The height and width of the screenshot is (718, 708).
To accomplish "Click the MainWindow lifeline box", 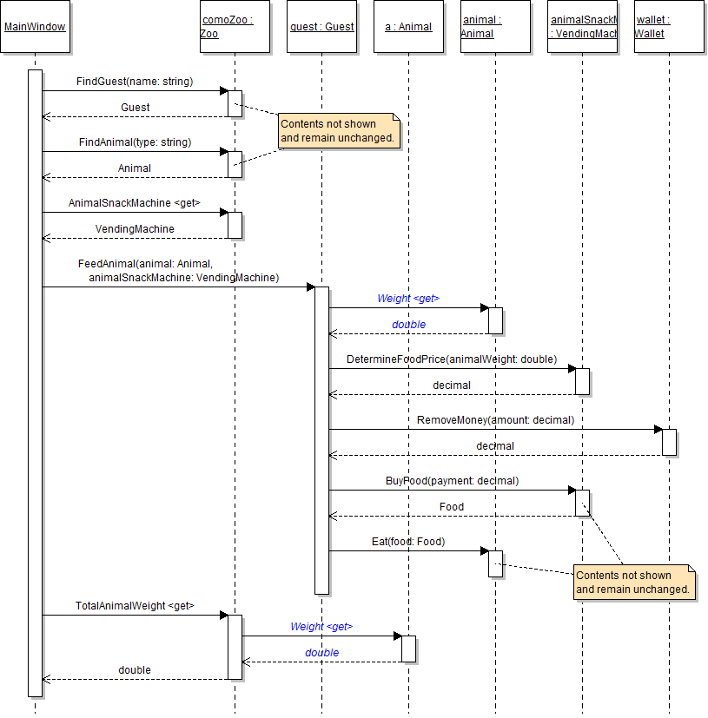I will (x=35, y=27).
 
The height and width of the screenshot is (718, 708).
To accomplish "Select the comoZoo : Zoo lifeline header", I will (x=235, y=27).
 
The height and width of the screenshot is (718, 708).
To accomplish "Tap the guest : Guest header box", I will (x=321, y=27).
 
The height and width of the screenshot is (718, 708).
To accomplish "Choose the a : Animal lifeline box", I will (x=408, y=27).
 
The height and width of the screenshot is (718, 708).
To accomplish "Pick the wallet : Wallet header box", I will (x=669, y=27).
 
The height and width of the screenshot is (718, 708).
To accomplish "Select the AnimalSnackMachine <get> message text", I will (x=135, y=203).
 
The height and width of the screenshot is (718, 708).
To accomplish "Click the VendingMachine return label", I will (x=135, y=229).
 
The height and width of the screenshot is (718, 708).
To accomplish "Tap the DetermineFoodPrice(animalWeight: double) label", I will (x=452, y=359).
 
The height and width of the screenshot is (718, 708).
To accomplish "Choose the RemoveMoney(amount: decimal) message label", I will (x=495, y=420).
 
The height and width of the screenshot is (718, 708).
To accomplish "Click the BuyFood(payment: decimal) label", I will (x=452, y=480).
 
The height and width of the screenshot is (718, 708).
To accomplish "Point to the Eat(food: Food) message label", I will (x=408, y=542).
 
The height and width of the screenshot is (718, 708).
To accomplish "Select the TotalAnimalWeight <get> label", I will (x=135, y=605).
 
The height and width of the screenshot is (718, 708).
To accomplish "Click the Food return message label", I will (x=452, y=507).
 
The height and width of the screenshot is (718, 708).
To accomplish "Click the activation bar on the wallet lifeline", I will (x=669, y=442).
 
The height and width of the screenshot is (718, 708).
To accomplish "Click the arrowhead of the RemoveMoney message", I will (x=658, y=429).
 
